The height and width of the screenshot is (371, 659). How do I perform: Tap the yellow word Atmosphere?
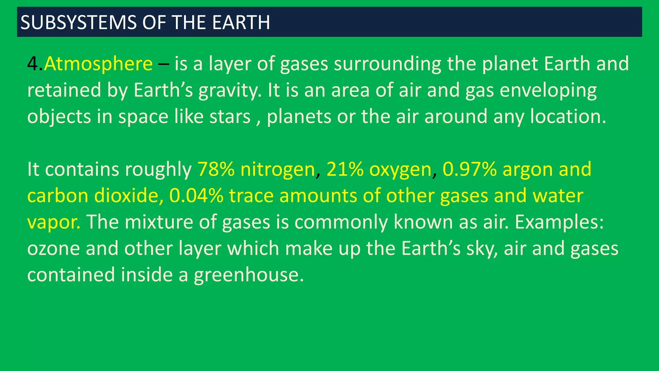pos(98,64)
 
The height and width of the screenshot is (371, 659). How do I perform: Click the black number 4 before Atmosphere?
pos(32,64)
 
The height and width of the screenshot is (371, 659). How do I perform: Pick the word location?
pos(568,117)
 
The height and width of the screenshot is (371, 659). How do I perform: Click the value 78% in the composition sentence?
pos(216,169)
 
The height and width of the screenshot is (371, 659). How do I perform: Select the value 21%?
pos(345,169)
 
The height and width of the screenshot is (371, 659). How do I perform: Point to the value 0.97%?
pos(469,169)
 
